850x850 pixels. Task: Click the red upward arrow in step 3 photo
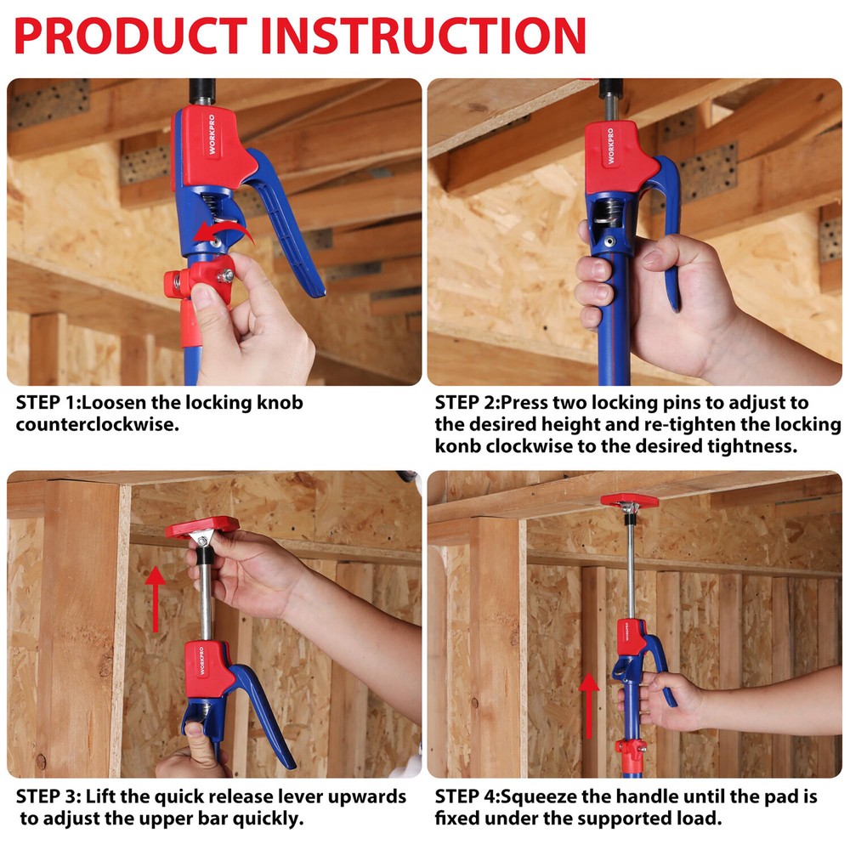point(155,598)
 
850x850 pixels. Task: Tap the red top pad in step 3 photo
point(202,528)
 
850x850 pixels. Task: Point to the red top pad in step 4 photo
point(629,500)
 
